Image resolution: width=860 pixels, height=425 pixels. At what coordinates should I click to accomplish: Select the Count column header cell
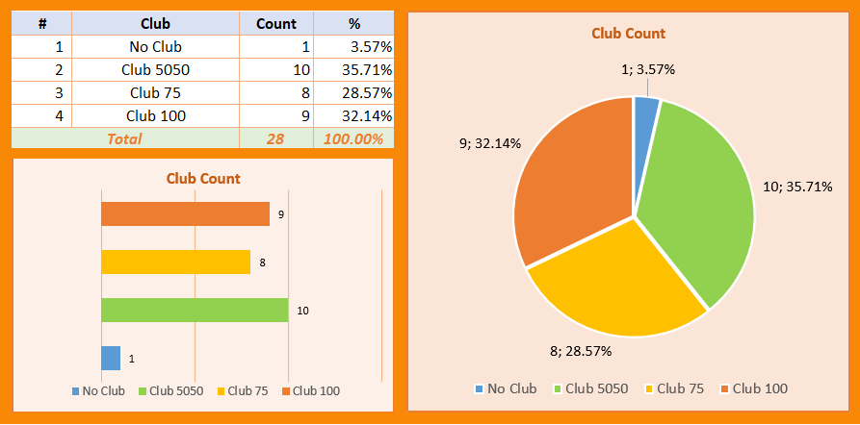[275, 23]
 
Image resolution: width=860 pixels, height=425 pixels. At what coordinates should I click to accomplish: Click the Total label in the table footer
[124, 138]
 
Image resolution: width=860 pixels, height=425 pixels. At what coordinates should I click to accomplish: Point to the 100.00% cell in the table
[352, 138]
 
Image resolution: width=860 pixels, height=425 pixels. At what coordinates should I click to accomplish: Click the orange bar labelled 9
[185, 213]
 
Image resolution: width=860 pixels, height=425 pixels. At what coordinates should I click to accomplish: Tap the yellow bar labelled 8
[175, 262]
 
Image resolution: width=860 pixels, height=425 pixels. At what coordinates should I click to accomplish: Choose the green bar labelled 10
[195, 310]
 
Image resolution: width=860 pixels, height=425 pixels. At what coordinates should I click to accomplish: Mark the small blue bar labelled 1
[111, 358]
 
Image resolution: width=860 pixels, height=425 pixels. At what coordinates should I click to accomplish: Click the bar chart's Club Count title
[203, 178]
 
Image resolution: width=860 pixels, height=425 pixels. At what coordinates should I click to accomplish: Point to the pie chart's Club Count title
[628, 33]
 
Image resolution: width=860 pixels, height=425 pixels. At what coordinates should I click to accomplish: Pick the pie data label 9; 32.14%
[490, 143]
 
